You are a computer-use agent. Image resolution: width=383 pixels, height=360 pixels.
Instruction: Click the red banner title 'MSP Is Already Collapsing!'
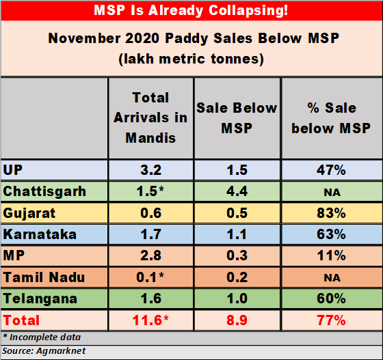[191, 11]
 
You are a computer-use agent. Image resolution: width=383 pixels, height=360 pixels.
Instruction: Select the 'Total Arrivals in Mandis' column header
[150, 117]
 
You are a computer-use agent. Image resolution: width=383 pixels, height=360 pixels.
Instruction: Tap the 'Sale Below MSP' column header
[237, 117]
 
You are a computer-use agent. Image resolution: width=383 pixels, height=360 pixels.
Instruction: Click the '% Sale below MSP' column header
[331, 117]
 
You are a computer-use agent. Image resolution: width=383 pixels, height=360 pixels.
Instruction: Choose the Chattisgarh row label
[44, 191]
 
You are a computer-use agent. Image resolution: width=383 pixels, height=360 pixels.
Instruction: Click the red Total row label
[22, 320]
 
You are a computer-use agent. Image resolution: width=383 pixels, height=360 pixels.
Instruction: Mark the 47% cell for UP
[331, 170]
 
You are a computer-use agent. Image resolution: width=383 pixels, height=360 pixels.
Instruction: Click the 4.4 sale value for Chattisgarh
[237, 191]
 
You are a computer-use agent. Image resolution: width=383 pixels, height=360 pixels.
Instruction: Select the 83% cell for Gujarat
[331, 213]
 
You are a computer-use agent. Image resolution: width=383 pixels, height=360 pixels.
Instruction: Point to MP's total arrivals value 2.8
[150, 255]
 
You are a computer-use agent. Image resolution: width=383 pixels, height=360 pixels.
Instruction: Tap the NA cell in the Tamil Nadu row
[331, 277]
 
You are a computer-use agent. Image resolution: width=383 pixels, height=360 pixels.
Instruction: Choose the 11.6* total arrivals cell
[150, 320]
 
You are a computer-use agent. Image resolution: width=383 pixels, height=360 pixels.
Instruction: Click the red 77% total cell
[331, 320]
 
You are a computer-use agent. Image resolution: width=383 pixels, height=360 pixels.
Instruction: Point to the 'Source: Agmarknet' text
[44, 350]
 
